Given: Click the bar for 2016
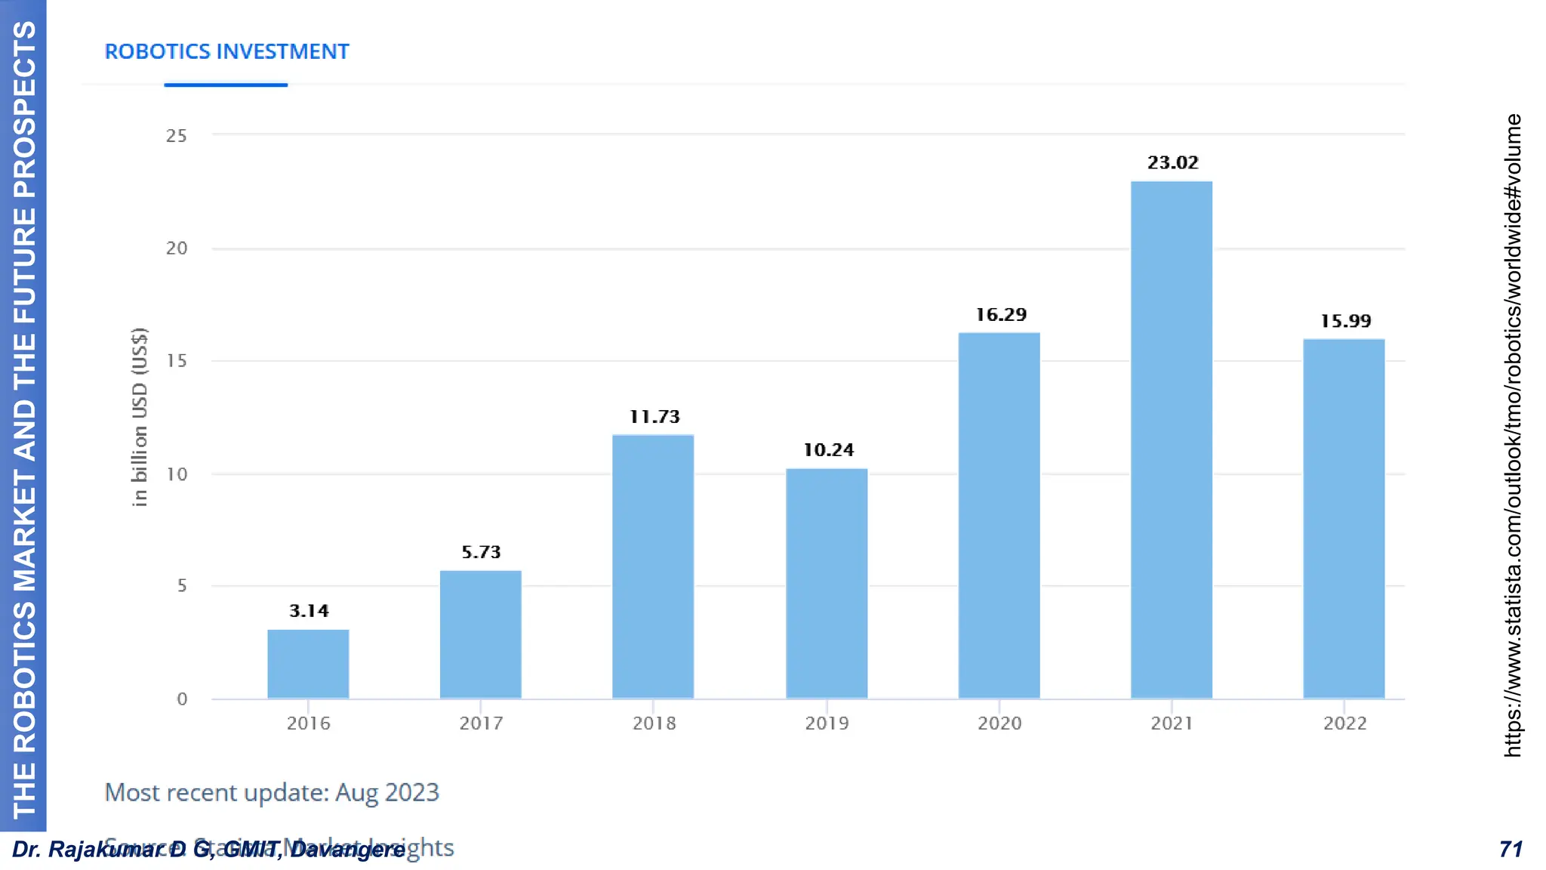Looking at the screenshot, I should tap(308, 664).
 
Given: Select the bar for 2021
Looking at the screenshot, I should tap(1172, 440).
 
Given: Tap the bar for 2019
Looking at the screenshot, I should tap(827, 583).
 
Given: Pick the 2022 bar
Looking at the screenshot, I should tap(1344, 518).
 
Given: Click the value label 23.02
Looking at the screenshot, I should tap(1172, 162).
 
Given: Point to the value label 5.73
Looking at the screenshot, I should tap(481, 552).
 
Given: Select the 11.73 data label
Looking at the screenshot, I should tap(654, 417).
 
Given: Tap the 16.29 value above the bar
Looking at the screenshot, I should tap(1000, 314).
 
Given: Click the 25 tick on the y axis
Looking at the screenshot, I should tap(177, 136).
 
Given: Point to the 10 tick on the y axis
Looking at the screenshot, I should tap(177, 474).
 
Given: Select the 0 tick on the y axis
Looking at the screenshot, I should tap(182, 699).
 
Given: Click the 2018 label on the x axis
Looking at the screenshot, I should tap(654, 723).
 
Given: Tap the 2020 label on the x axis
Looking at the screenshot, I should tap(999, 723).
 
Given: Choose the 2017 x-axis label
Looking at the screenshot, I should tap(481, 723).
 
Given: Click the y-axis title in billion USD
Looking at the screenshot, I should tap(140, 417).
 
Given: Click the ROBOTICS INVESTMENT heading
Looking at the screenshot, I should tap(226, 51).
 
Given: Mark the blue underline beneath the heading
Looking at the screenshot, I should tap(226, 85).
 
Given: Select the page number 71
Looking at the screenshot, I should tap(1511, 850).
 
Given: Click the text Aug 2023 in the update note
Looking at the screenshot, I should tap(386, 792).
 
